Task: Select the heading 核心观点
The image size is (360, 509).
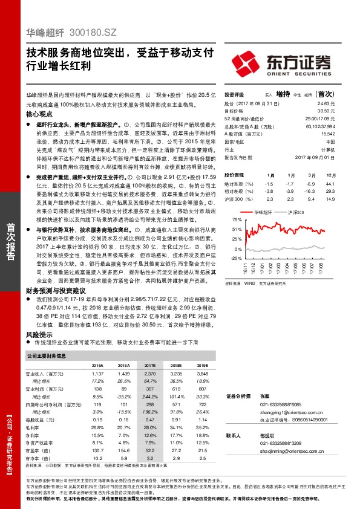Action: click(41, 113)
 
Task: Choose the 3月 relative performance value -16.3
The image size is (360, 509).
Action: click(310, 190)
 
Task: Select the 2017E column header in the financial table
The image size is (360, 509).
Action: click(149, 366)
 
